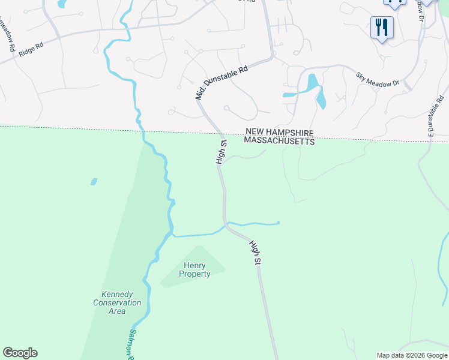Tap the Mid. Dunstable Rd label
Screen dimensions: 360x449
[x=221, y=83]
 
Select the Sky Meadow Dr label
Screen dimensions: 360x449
[x=378, y=79]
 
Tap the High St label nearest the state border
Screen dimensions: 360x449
[x=220, y=152]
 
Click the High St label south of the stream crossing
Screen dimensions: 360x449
[x=255, y=252]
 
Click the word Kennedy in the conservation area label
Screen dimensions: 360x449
[x=117, y=295]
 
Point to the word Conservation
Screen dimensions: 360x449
[x=117, y=303]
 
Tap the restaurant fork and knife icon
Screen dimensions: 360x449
[x=381, y=27]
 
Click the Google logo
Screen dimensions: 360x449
[x=20, y=353]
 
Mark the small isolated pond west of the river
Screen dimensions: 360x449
[x=94, y=181]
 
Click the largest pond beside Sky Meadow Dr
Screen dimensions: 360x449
[x=312, y=82]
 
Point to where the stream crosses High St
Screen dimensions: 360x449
[x=226, y=226]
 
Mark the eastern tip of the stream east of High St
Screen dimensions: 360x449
[x=279, y=224]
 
